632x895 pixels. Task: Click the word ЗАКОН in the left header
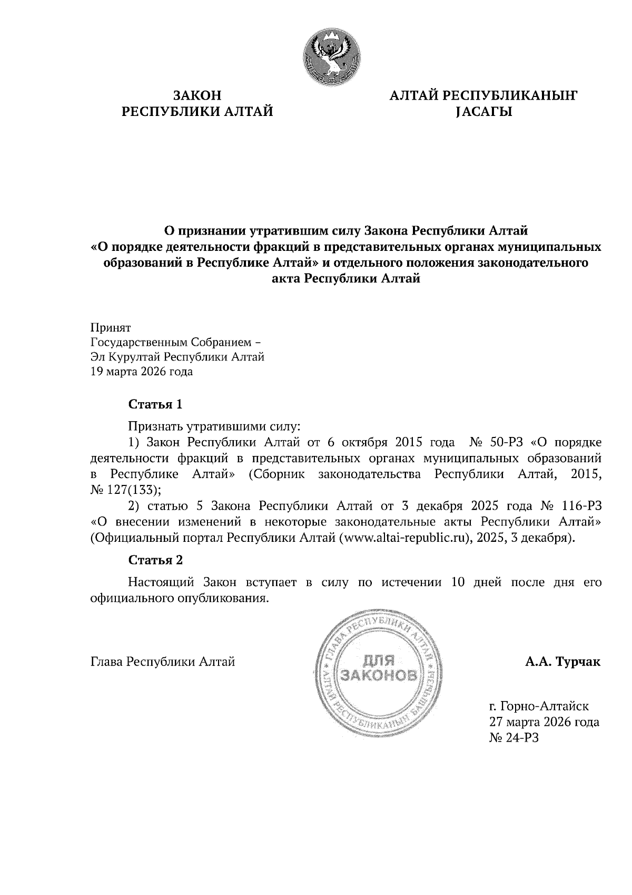pyautogui.click(x=197, y=96)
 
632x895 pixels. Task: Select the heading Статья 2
pyautogui.click(x=156, y=560)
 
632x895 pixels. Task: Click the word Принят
pyautogui.click(x=110, y=327)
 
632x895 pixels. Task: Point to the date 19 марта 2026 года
pyautogui.click(x=142, y=372)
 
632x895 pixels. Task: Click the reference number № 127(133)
pyautogui.click(x=125, y=490)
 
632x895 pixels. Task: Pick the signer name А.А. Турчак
pyautogui.click(x=562, y=661)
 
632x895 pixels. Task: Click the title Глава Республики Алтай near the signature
pyautogui.click(x=163, y=661)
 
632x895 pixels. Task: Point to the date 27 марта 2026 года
pyautogui.click(x=544, y=722)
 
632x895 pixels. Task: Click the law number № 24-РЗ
pyautogui.click(x=514, y=738)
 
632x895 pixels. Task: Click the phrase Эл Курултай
pyautogui.click(x=126, y=357)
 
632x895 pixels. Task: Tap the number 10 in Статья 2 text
pyautogui.click(x=459, y=582)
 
